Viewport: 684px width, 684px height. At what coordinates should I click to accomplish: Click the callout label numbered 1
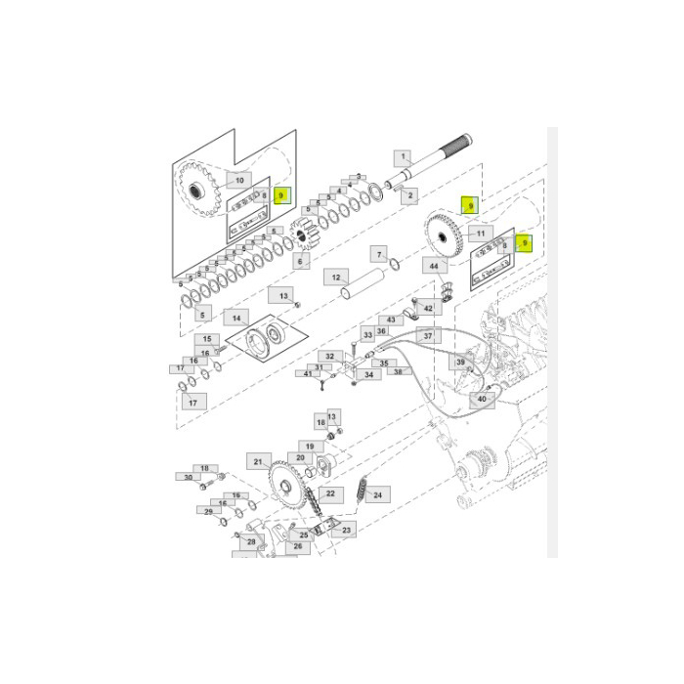click(404, 157)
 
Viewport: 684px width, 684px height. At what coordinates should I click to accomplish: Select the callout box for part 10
click(237, 181)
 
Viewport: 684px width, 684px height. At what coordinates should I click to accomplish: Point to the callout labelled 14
click(235, 319)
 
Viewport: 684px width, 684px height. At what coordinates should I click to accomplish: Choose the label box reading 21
click(259, 461)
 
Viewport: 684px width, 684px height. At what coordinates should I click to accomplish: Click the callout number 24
click(377, 494)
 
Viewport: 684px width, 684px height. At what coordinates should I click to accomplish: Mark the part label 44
click(434, 266)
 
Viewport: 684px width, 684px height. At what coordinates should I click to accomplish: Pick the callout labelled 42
click(428, 309)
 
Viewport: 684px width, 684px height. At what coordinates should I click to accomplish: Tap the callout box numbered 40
click(481, 399)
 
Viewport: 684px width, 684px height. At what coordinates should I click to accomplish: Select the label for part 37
click(427, 335)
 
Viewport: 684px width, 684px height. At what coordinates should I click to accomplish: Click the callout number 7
click(379, 255)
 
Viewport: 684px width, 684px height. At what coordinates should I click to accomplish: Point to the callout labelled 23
click(346, 530)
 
